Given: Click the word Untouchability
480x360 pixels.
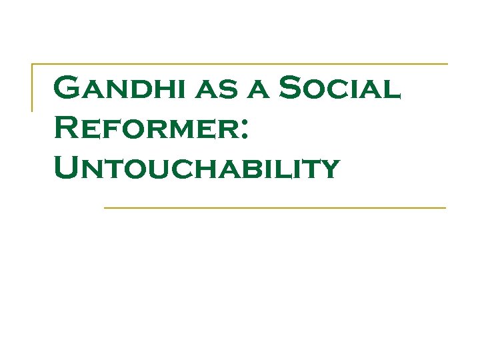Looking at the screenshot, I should tap(197, 169).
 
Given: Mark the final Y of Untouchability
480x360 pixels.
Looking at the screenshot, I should tap(327, 171).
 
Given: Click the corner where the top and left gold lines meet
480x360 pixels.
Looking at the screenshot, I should tap(33, 65).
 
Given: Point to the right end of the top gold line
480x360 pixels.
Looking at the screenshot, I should tap(447, 64).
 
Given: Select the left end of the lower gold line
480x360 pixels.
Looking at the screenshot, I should tap(105, 208).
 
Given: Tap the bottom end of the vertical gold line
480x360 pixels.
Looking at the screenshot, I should tap(33, 110).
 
